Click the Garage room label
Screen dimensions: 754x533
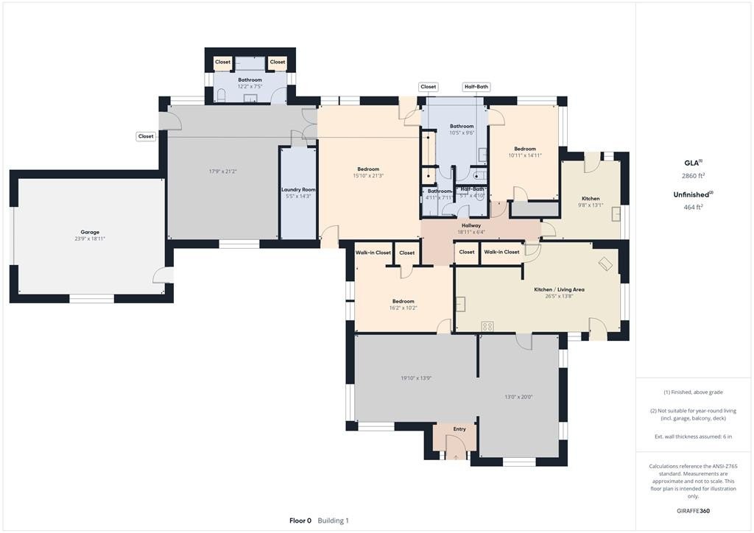coord(90,232)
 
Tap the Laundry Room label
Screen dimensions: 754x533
coord(298,190)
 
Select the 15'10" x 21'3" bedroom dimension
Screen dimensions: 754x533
coord(368,176)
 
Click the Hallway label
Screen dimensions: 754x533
coord(471,225)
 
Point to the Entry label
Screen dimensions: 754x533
coord(459,429)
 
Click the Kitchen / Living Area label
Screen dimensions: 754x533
coord(560,290)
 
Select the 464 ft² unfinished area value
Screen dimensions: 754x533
coord(694,207)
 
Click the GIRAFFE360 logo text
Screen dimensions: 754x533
coord(694,511)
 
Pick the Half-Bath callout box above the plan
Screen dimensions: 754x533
coord(476,87)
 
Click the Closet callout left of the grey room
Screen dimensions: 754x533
coord(146,136)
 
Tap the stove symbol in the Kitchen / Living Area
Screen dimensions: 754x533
coord(487,327)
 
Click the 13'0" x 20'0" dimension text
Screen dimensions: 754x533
coord(518,397)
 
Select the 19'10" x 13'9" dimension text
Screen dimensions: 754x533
coord(416,378)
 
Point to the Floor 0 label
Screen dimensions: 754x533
coord(300,520)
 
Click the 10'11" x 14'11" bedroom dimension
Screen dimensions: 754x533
coord(525,155)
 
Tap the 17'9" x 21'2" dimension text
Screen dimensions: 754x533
coord(222,172)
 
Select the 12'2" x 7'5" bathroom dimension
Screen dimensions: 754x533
coord(250,87)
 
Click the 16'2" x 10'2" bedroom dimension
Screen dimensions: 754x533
coord(403,308)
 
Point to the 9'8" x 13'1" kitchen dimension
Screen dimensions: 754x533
coord(591,205)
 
